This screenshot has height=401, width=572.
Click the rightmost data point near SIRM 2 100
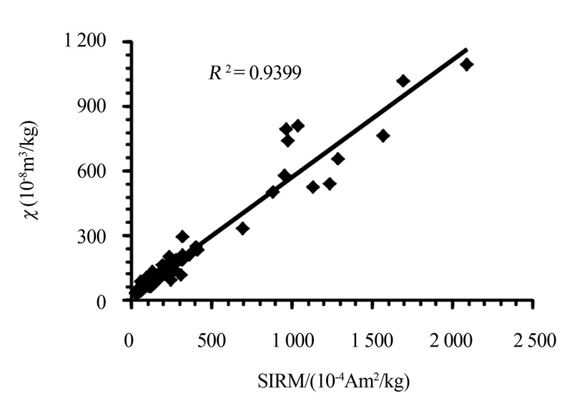pos(467,64)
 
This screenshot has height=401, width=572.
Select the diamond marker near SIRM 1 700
pos(403,81)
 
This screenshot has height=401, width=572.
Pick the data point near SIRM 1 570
pos(383,136)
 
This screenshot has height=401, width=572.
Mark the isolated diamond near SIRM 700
pos(242,228)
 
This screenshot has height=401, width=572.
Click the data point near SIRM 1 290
pos(338,159)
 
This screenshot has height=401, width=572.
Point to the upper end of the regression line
pos(466,50)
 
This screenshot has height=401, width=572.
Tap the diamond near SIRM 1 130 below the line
pos(312,187)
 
